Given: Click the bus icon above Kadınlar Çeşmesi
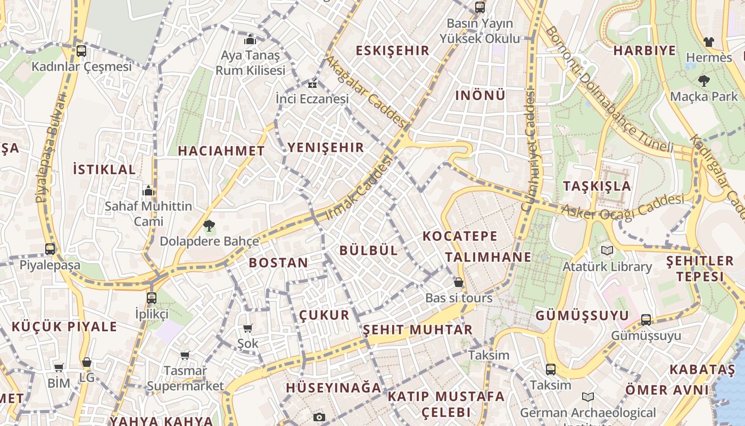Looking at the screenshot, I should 81,51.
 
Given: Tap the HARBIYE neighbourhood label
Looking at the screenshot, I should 644,51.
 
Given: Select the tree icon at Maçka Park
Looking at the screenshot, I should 704,81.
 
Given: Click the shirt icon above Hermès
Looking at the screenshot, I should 708,42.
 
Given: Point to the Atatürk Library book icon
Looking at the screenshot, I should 607,250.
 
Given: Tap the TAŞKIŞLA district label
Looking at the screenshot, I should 597,186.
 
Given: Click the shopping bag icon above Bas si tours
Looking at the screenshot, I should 458,282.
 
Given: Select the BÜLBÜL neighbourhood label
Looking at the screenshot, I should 369,250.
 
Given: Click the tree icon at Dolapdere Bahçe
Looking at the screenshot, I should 209,226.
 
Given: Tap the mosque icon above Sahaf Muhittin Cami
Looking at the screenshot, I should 148,191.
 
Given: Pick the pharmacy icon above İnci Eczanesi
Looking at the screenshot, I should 312,84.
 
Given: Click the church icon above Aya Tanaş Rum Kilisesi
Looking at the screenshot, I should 250,39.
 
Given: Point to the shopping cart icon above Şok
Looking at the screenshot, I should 247,328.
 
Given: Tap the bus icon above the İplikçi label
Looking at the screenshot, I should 152,298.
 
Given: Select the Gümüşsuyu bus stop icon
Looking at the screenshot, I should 645,319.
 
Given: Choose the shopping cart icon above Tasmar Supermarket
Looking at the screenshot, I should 185,355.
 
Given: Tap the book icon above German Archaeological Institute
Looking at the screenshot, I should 587,397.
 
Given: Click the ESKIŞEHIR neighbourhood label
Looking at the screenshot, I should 392,51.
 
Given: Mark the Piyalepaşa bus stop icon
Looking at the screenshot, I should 50,249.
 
